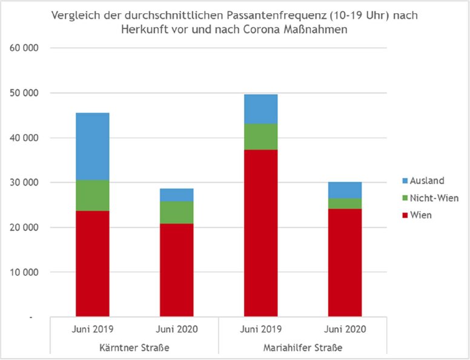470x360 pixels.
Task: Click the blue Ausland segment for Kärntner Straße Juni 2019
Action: pos(92,146)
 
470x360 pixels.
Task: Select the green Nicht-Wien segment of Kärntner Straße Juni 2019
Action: pos(92,195)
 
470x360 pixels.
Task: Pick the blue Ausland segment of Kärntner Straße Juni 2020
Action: pos(176,195)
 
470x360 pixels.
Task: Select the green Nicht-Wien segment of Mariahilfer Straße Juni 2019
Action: pos(260,136)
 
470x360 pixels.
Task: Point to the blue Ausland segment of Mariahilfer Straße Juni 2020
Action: pos(345,190)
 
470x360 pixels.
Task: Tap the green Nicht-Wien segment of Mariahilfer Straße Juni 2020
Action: pos(345,203)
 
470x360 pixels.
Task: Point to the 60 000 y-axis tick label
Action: pos(23,48)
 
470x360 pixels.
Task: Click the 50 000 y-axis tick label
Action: pos(23,93)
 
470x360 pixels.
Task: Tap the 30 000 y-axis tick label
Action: pos(23,182)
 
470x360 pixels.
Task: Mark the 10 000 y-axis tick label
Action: pos(23,272)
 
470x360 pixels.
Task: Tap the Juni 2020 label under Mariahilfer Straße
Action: pos(345,330)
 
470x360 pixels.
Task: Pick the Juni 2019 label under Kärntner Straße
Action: pos(92,330)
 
